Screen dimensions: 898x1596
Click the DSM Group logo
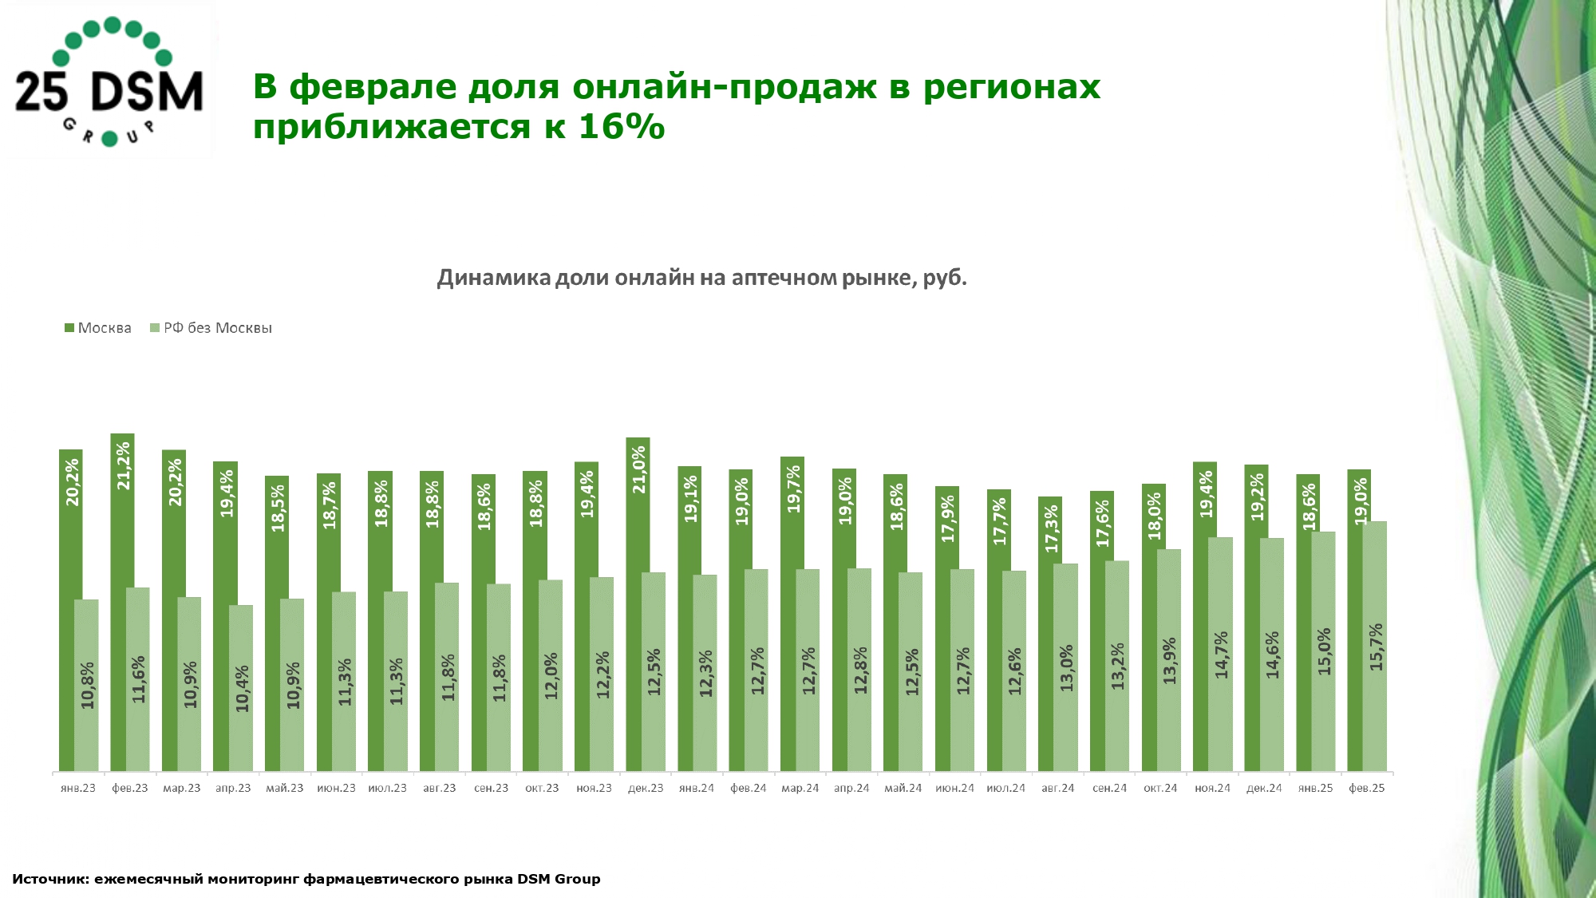click(109, 82)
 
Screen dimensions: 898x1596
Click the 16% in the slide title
click(621, 127)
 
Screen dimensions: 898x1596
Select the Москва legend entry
click(98, 328)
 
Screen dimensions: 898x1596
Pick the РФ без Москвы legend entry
click(211, 328)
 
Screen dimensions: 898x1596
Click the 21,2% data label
click(124, 466)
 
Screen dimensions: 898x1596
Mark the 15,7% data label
click(1376, 647)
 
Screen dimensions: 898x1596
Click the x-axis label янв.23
click(78, 789)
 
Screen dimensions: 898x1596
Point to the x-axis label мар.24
click(800, 789)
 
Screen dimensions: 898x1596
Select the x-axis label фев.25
click(1366, 789)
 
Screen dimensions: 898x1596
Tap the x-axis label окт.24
click(1160, 789)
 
